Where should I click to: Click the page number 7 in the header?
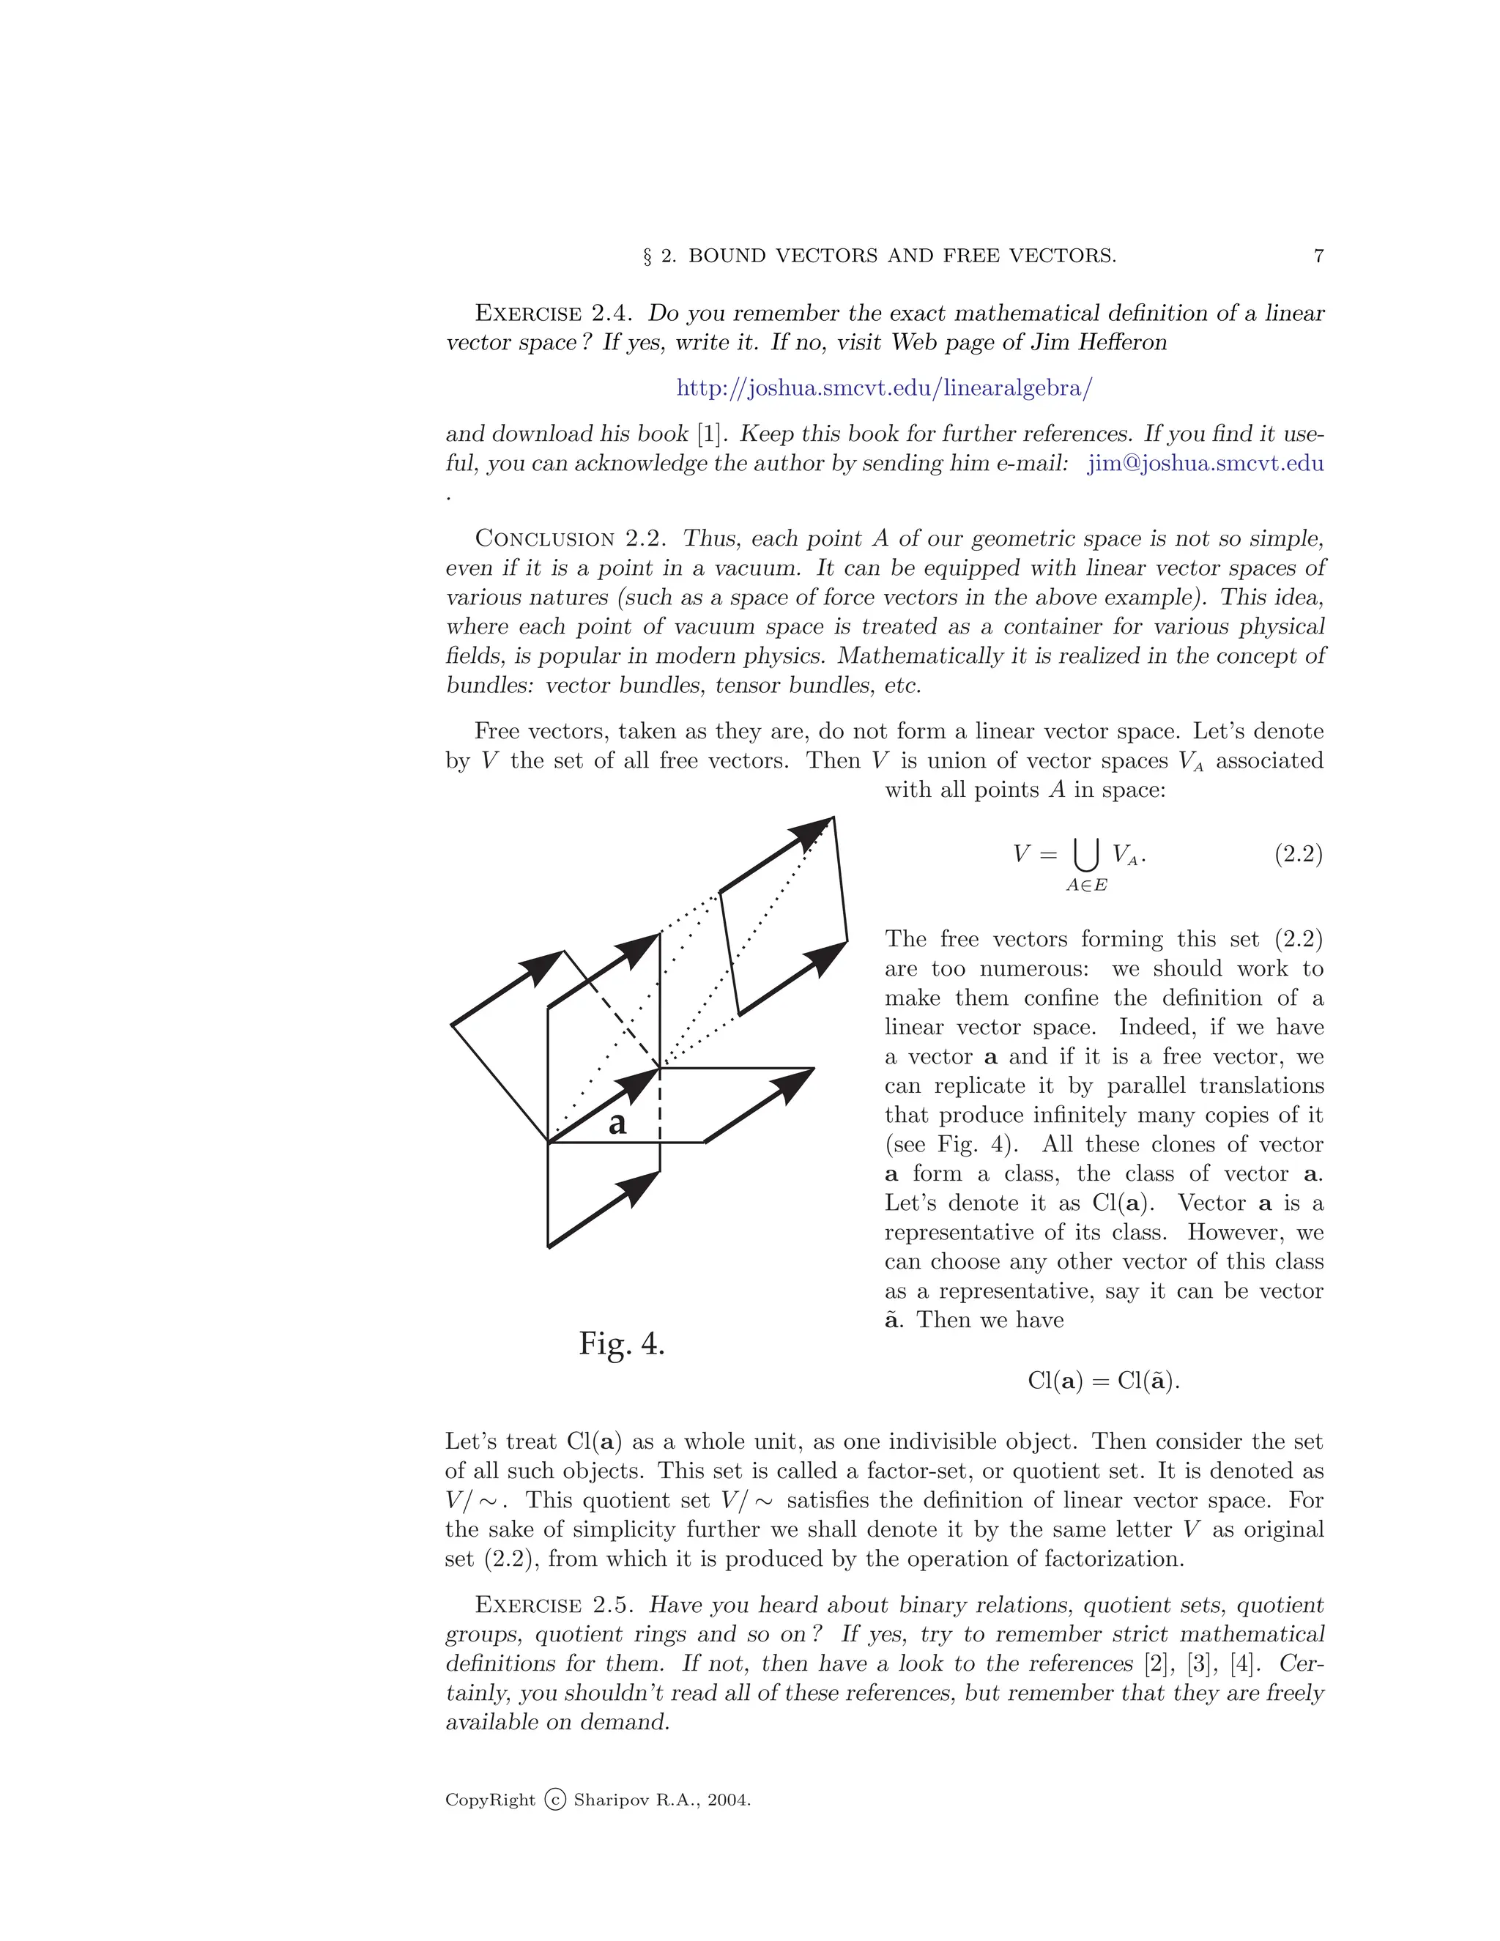point(1318,256)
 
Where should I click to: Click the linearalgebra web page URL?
point(884,388)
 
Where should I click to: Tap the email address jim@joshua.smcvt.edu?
point(1205,463)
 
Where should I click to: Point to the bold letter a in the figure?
point(617,1124)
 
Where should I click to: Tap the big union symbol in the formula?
point(1086,855)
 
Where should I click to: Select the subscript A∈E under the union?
point(1086,886)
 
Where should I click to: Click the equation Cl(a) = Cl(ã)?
point(1103,1380)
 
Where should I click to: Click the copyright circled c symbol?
point(554,1800)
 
